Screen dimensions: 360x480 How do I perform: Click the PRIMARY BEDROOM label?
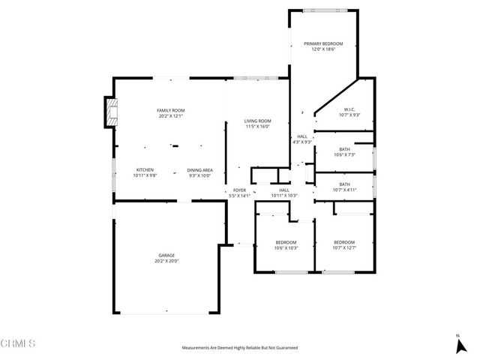pyautogui.click(x=323, y=44)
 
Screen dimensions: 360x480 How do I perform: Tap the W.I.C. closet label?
pyautogui.click(x=349, y=109)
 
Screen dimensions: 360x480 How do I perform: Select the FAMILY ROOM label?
pyautogui.click(x=171, y=110)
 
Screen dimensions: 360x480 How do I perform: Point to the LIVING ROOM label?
pyautogui.click(x=258, y=121)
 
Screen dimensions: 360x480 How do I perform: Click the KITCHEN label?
pyautogui.click(x=145, y=169)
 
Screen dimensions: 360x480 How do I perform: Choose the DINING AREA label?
pyautogui.click(x=200, y=169)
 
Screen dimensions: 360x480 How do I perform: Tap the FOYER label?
pyautogui.click(x=239, y=190)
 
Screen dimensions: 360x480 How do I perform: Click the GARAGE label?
pyautogui.click(x=166, y=256)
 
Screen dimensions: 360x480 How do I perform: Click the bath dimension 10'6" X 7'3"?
pyautogui.click(x=344, y=154)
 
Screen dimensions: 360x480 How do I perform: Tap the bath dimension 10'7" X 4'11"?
pyautogui.click(x=344, y=189)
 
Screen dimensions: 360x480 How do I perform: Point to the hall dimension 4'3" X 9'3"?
pyautogui.click(x=301, y=142)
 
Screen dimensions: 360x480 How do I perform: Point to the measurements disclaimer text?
pyautogui.click(x=240, y=348)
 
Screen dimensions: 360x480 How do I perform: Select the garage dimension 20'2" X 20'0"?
pyautogui.click(x=166, y=261)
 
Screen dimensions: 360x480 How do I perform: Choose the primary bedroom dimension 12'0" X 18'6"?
pyautogui.click(x=323, y=49)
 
